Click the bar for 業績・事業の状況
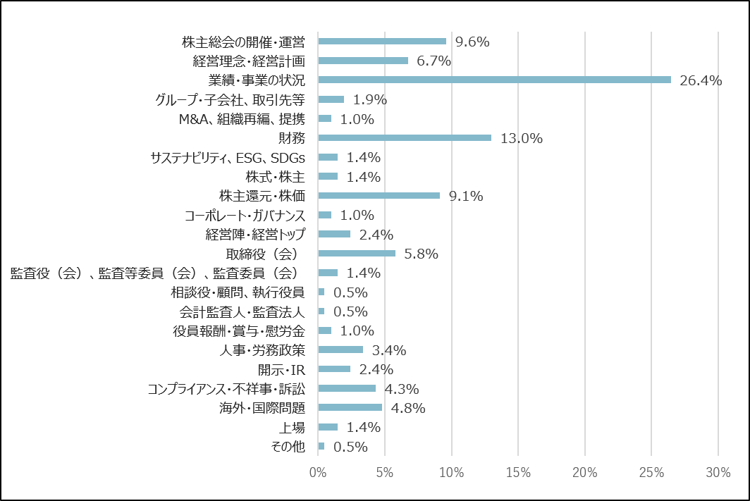pyautogui.click(x=493, y=80)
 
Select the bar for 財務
pyautogui.click(x=405, y=137)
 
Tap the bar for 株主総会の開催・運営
pyautogui.click(x=382, y=41)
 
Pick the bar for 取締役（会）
pyautogui.click(x=357, y=253)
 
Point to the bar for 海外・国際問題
pyautogui.click(x=350, y=407)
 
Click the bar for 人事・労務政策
pyautogui.click(x=340, y=350)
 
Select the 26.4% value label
pyautogui.click(x=701, y=80)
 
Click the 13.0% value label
pyautogui.click(x=521, y=138)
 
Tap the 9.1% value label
pyautogui.click(x=466, y=196)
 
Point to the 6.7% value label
pyautogui.click(x=434, y=61)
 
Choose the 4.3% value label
pyautogui.click(x=402, y=388)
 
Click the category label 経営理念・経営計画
pyautogui.click(x=248, y=61)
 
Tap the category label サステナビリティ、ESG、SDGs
pyautogui.click(x=228, y=157)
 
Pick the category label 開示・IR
pyautogui.click(x=281, y=369)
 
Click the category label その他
pyautogui.click(x=288, y=446)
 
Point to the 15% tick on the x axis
pyautogui.click(x=518, y=473)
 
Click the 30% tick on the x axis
pyautogui.click(x=718, y=473)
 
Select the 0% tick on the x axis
pyautogui.click(x=318, y=473)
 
